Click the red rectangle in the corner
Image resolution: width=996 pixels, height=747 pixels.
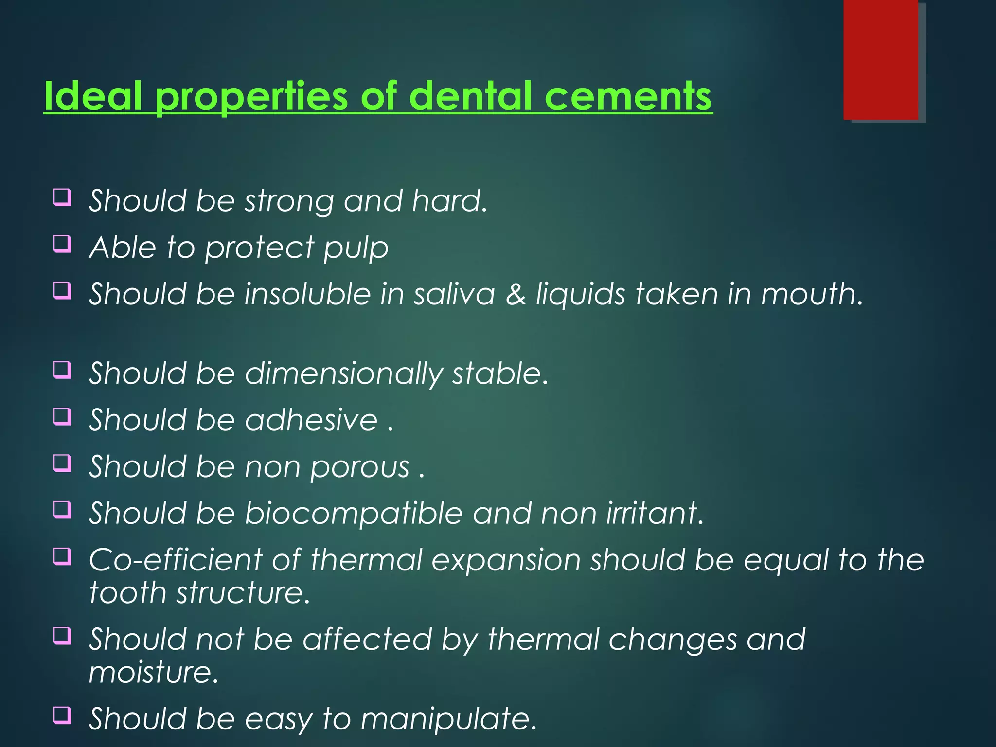pyautogui.click(x=880, y=59)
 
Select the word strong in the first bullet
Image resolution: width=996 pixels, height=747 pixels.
pyautogui.click(x=289, y=201)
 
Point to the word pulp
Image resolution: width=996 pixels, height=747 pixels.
pyautogui.click(x=356, y=248)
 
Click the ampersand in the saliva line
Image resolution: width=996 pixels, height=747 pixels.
pyautogui.click(x=516, y=295)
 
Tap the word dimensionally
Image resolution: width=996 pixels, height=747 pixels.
pyautogui.click(x=344, y=374)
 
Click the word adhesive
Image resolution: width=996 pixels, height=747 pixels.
pyautogui.click(x=311, y=420)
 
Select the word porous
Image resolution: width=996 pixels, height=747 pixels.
pyautogui.click(x=360, y=467)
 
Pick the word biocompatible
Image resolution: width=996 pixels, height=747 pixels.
pyautogui.click(x=354, y=514)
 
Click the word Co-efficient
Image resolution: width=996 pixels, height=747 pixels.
pyautogui.click(x=176, y=560)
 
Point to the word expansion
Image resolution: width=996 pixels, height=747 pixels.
pyautogui.click(x=506, y=560)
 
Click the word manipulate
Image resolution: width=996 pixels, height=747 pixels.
pyautogui.click(x=448, y=719)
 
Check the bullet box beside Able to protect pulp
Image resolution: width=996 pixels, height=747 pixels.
pyautogui.click(x=62, y=244)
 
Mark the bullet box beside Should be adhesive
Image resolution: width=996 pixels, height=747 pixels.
pyautogui.click(x=62, y=416)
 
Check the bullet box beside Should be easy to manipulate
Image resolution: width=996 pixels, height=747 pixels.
pyautogui.click(x=62, y=715)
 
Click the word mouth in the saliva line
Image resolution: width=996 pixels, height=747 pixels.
pyautogui.click(x=811, y=295)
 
